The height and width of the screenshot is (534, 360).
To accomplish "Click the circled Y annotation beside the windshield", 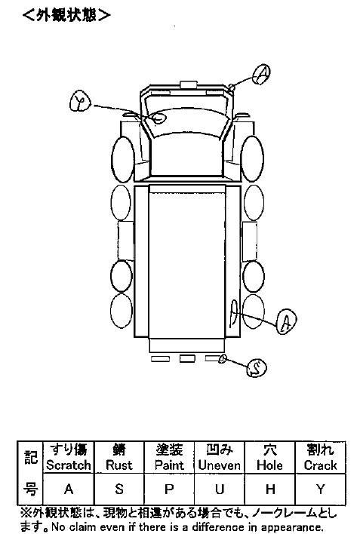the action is [x=81, y=101].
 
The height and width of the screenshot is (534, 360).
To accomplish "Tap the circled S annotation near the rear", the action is [x=257, y=368].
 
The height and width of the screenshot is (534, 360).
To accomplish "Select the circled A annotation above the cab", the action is [x=261, y=74].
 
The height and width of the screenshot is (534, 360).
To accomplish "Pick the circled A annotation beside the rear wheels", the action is [x=286, y=321].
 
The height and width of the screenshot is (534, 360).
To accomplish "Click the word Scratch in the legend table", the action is [x=69, y=465].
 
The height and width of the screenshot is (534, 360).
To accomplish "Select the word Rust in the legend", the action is [x=118, y=465].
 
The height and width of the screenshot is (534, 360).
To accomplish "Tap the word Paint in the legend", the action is [x=169, y=465].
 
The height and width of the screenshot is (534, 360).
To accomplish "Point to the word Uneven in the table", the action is [x=220, y=465].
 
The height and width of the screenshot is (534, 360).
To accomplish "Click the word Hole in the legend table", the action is [x=269, y=465].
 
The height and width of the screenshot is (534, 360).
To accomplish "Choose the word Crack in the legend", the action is [x=321, y=465].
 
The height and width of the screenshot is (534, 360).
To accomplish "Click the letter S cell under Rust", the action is [x=119, y=489].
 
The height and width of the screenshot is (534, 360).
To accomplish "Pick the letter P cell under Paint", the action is [x=169, y=489].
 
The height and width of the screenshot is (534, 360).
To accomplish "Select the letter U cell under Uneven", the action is [x=220, y=489].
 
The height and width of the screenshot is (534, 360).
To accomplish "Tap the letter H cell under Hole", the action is [x=269, y=489].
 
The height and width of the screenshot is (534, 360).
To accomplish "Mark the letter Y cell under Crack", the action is [x=321, y=489].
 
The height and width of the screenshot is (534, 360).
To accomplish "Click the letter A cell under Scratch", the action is [x=69, y=489].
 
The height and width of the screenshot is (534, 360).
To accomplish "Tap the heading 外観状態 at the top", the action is [x=66, y=15].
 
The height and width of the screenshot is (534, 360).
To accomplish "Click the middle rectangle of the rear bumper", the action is [x=187, y=358].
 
